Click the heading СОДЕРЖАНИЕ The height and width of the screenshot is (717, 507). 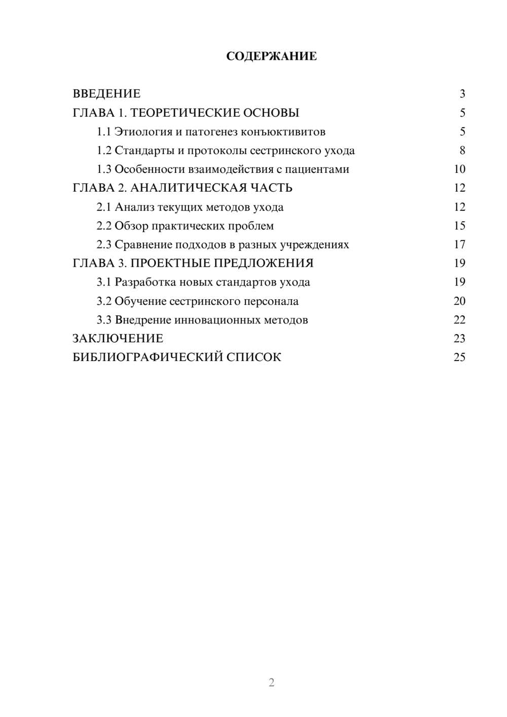271,56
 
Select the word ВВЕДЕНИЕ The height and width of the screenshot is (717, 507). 106,94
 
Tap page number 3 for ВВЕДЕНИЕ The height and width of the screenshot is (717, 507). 462,94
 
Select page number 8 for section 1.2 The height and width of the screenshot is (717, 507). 462,151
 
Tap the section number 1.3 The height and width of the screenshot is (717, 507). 104,169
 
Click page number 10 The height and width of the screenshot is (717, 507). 459,169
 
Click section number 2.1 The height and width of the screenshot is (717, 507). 104,207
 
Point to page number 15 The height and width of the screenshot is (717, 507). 459,226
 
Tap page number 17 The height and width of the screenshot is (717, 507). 459,244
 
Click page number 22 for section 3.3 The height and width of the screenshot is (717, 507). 459,320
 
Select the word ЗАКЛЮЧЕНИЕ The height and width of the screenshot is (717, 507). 118,339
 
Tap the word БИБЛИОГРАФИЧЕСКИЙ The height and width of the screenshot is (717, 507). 148,357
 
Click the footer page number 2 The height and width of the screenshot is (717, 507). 271,683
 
